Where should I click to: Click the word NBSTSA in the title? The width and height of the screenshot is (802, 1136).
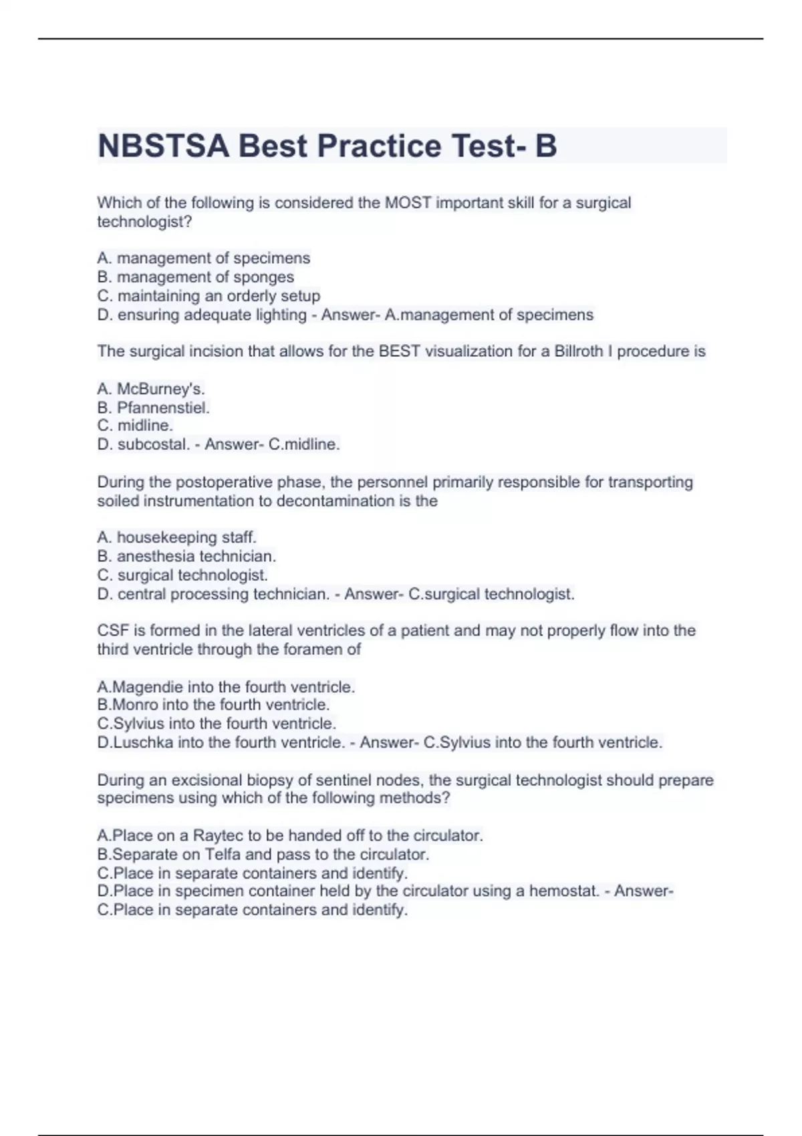coord(163,146)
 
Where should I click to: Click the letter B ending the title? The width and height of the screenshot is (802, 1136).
coord(545,146)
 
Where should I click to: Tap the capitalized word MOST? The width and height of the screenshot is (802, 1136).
coord(408,202)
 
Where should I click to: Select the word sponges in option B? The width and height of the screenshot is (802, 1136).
coord(263,277)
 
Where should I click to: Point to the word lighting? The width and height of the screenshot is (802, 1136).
coord(281,315)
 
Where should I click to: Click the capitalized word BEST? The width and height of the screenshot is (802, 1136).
coord(400,351)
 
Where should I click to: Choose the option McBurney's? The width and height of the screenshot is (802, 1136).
coord(160,388)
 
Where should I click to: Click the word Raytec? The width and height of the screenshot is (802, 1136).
coord(218,835)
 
